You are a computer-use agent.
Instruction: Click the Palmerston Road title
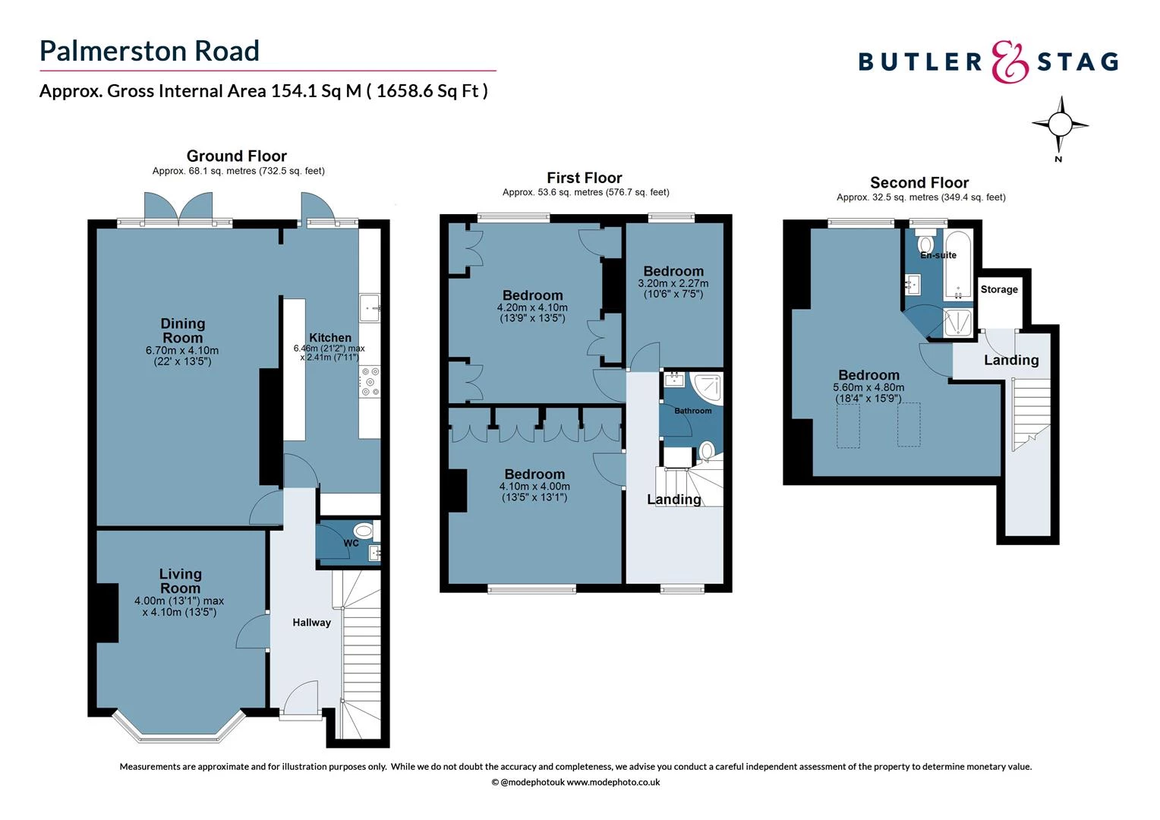tap(150, 51)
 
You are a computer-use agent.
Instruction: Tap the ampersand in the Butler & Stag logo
tap(1010, 61)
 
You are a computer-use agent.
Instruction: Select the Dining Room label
tap(182, 331)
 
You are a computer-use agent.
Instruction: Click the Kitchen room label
tap(330, 338)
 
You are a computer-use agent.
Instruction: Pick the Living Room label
tap(180, 582)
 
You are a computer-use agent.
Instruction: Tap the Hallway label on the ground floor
tap(311, 623)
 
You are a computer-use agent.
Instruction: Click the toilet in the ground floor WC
tap(364, 531)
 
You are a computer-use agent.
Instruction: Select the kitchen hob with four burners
tap(370, 381)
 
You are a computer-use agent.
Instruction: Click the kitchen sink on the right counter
tap(370, 307)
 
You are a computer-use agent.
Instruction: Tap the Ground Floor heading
tap(237, 156)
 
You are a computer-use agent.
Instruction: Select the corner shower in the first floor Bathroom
tap(707, 386)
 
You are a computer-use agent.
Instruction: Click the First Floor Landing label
tap(674, 500)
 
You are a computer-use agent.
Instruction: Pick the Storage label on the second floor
tap(999, 289)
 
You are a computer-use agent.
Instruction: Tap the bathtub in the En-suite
tap(958, 266)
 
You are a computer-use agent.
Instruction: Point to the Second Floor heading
tap(919, 183)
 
